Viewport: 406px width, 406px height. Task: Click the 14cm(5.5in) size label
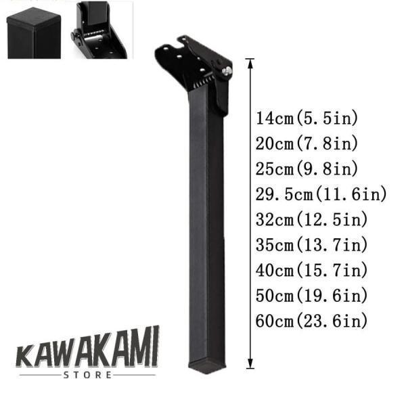coord(307,118)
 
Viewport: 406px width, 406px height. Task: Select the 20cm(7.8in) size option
coord(307,143)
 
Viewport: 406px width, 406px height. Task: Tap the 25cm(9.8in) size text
coord(307,168)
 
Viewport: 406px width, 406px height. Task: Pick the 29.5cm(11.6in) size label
coord(321,194)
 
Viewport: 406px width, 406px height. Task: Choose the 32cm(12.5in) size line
coord(311,219)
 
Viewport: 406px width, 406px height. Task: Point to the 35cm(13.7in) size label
coord(311,245)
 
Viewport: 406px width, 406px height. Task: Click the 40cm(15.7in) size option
coord(311,270)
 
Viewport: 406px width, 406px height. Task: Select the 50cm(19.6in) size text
coord(311,296)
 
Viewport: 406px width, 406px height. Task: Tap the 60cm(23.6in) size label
coord(311,321)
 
